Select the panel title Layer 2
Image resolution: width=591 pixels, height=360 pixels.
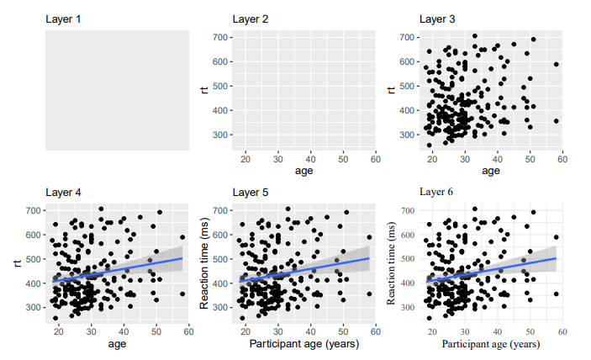click(251, 19)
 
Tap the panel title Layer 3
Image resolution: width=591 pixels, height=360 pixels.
click(438, 19)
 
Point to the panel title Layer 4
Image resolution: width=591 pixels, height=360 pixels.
click(64, 192)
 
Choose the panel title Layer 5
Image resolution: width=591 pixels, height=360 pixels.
click(251, 192)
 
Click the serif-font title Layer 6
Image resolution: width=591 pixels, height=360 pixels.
click(436, 192)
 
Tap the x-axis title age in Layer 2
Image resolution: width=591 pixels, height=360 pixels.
click(303, 171)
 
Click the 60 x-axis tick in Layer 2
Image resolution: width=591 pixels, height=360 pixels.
click(375, 158)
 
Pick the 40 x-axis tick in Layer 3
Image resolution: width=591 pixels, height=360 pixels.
click(497, 158)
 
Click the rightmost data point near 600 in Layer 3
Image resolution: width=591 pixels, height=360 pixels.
click(556, 64)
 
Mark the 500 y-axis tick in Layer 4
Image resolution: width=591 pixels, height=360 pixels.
click(34, 259)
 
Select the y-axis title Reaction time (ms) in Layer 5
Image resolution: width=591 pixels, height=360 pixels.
click(204, 262)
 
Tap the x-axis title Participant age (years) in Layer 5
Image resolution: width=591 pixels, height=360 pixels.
click(303, 344)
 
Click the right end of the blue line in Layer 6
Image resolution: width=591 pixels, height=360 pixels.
click(556, 258)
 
